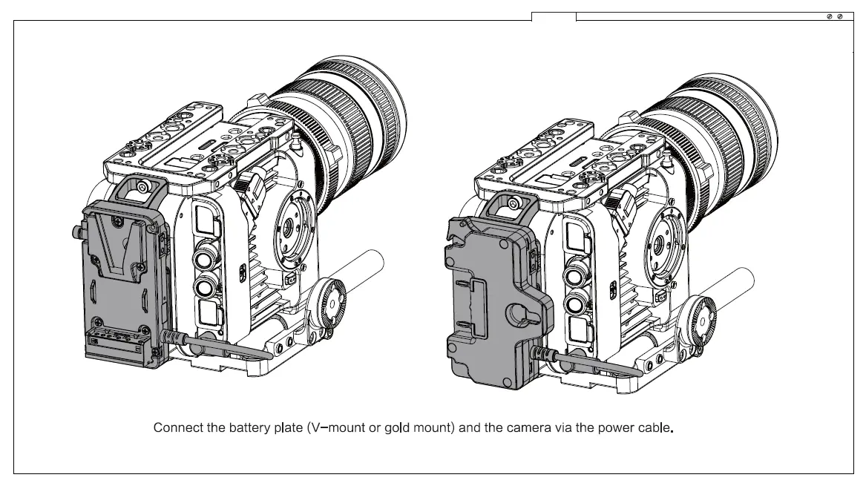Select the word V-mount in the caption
tap(335, 428)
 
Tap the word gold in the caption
tap(397, 428)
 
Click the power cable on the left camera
tap(223, 343)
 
